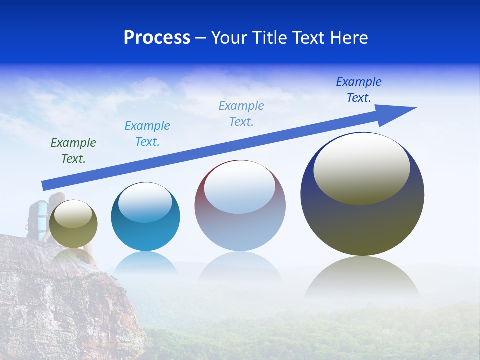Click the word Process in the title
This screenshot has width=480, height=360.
pyautogui.click(x=157, y=38)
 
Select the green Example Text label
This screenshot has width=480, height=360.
pyautogui.click(x=73, y=151)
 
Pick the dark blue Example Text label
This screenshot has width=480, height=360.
pyautogui.click(x=358, y=90)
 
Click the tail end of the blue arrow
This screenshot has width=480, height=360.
pyautogui.click(x=45, y=185)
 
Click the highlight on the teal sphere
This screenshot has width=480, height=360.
pyautogui.click(x=145, y=201)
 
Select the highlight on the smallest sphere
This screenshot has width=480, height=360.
pyautogui.click(x=73, y=214)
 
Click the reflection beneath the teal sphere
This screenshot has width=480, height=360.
pyautogui.click(x=145, y=262)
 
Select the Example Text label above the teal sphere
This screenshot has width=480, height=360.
pyautogui.click(x=147, y=134)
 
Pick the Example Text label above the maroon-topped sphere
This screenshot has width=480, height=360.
pyautogui.click(x=241, y=114)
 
